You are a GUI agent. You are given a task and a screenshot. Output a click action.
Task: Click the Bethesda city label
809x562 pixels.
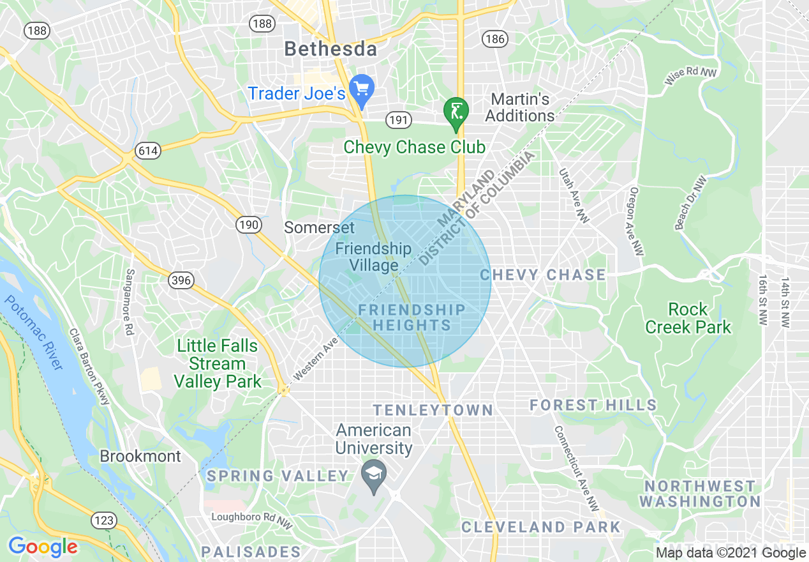(x=330, y=49)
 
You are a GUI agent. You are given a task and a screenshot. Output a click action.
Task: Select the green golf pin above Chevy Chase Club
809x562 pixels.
(x=456, y=112)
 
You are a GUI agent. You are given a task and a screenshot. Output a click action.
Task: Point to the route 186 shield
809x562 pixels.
(x=495, y=39)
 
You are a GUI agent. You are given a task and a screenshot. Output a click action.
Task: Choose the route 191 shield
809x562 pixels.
(x=398, y=119)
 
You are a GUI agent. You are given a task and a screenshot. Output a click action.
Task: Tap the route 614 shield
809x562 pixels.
(x=147, y=151)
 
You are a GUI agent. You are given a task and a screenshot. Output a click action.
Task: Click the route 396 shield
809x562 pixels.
(x=181, y=280)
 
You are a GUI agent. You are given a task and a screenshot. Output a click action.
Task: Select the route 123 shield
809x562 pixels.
(x=103, y=520)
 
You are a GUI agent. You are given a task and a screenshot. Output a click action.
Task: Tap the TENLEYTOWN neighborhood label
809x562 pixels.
(x=433, y=410)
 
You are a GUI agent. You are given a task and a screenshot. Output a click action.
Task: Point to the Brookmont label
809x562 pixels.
(x=140, y=457)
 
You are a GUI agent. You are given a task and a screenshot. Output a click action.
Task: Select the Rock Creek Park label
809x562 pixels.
(x=688, y=318)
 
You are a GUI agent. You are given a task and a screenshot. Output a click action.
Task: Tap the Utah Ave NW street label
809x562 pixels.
(x=574, y=195)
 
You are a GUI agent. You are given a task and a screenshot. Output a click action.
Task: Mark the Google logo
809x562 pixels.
(x=43, y=547)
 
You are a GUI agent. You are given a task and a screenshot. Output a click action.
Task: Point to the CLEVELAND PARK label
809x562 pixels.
(x=540, y=527)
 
